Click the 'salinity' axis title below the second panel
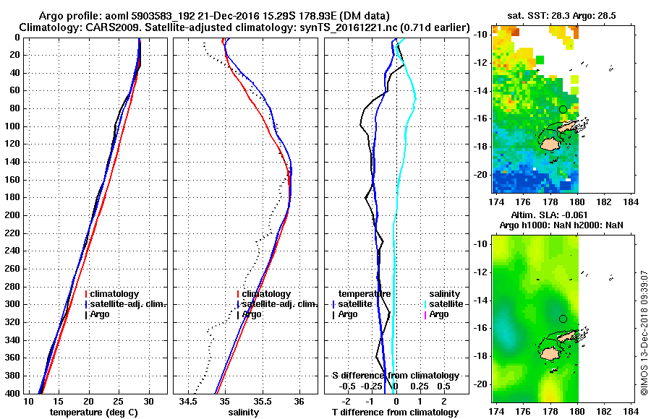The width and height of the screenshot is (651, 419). coord(244,412)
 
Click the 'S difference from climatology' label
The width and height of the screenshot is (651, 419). coord(395,376)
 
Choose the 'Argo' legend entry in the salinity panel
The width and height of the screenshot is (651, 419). coord(251,314)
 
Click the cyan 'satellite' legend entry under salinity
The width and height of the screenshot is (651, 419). coord(443,304)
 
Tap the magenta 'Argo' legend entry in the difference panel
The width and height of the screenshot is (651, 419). coord(439,314)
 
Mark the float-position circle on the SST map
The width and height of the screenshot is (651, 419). coord(563,109)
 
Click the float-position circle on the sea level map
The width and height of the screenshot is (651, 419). coord(563,319)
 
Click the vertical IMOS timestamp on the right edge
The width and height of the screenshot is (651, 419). coord(643,332)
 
